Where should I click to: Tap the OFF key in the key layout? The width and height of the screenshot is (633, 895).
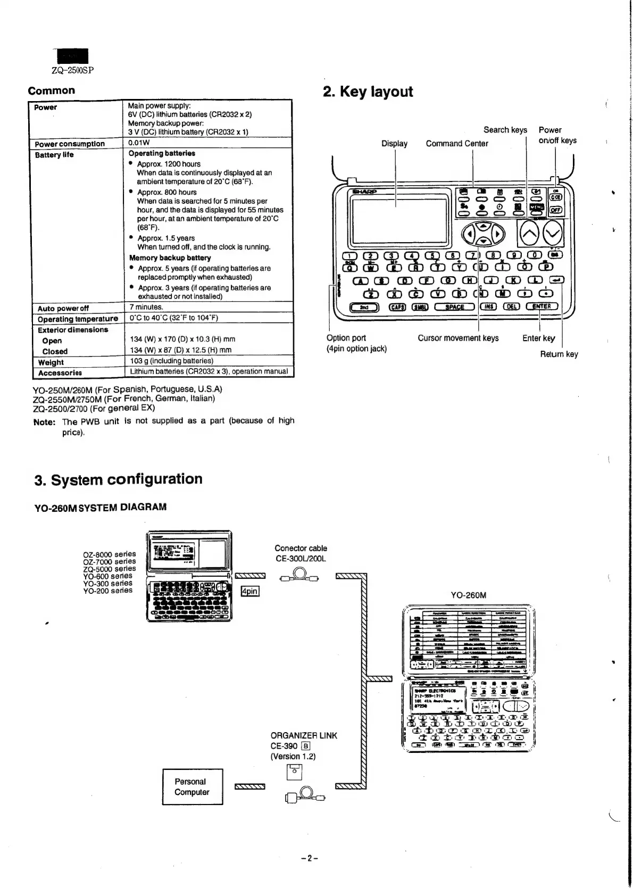pos(555,210)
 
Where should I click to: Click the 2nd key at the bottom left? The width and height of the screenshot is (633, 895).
pos(364,307)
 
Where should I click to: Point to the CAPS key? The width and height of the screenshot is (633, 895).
pos(397,307)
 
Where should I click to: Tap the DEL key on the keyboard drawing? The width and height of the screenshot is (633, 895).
pos(512,306)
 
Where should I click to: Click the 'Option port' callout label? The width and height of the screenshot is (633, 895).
pos(346,338)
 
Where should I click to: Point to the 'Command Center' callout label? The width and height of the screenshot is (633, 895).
pos(457,143)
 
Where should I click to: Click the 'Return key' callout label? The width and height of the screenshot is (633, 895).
pos(559,354)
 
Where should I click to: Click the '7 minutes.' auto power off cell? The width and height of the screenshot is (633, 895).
pos(146,307)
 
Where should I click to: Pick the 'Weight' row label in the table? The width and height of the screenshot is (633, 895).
pos(51,362)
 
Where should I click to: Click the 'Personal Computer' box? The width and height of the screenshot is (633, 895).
pos(192,786)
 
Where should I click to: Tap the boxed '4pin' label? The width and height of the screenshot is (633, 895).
pos(249,591)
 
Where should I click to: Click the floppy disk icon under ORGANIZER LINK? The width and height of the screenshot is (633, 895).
pos(294,772)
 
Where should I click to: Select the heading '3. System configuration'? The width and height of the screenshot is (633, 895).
pos(118,479)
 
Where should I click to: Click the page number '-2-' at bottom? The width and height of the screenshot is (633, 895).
pos(309,858)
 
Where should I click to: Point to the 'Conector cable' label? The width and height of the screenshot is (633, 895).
pos(301,548)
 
